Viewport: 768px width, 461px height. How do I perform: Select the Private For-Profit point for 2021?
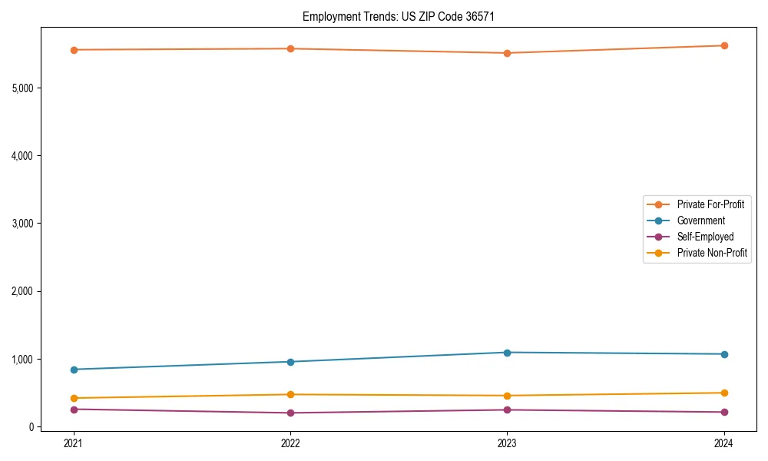(74, 50)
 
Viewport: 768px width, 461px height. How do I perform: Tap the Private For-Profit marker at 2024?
(724, 45)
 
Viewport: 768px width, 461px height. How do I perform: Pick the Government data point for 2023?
(508, 353)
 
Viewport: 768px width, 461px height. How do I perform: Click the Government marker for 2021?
(74, 370)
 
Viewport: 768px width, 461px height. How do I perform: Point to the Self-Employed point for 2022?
(290, 413)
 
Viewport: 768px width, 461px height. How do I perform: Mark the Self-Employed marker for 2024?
(724, 412)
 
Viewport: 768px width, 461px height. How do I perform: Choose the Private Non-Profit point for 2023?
(508, 396)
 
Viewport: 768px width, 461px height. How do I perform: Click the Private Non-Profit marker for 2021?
(74, 398)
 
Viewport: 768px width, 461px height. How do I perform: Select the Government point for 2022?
(290, 362)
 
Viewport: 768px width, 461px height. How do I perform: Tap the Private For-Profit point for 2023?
(508, 53)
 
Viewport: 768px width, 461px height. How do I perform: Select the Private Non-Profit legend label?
(712, 253)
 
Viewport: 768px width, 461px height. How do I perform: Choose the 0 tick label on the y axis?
(31, 427)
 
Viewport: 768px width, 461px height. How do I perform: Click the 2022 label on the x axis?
(290, 443)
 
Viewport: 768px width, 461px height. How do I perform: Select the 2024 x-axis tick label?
(724, 443)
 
